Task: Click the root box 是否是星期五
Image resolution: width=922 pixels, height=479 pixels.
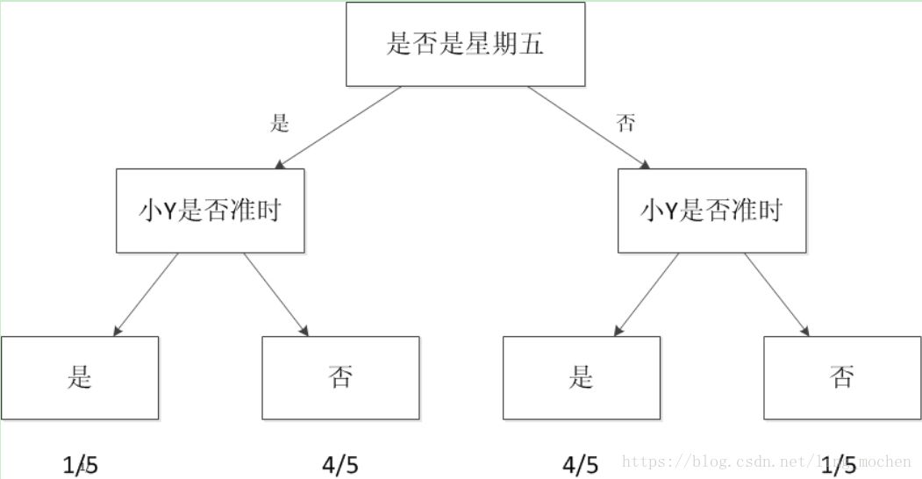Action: click(465, 44)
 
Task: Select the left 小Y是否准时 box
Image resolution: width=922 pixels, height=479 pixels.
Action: click(211, 211)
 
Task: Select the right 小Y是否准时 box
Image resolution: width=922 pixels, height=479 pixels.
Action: click(711, 211)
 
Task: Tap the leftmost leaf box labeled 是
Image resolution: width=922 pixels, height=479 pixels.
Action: click(80, 377)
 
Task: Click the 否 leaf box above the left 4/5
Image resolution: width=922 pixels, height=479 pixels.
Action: click(340, 377)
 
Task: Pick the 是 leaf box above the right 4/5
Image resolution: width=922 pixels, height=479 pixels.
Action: click(581, 377)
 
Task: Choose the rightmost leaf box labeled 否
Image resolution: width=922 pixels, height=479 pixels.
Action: click(841, 377)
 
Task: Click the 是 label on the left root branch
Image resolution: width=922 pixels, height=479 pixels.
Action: click(280, 124)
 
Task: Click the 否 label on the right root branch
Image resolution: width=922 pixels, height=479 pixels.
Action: click(625, 124)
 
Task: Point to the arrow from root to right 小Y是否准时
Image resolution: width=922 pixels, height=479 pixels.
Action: click(589, 128)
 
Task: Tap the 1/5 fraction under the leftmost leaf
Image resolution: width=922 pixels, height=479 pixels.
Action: click(80, 465)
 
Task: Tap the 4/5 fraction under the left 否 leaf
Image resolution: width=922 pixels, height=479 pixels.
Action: click(340, 465)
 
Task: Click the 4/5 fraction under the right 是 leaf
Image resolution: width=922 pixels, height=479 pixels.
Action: click(581, 465)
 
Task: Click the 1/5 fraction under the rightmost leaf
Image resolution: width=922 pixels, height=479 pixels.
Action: click(841, 465)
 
